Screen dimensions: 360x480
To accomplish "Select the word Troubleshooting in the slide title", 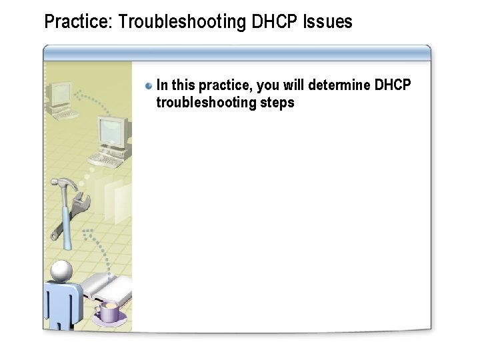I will click(x=181, y=22).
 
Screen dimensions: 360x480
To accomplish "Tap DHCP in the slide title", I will click(x=275, y=22).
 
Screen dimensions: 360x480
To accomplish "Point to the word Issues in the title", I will click(x=327, y=22).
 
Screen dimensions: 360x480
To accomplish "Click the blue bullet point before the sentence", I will click(x=149, y=85).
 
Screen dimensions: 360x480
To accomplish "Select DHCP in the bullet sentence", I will click(x=393, y=85).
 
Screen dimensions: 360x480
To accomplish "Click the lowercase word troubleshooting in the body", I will click(x=206, y=103).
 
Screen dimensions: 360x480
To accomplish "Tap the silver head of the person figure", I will click(x=62, y=271).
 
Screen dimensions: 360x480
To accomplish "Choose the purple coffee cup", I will click(x=107, y=311).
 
